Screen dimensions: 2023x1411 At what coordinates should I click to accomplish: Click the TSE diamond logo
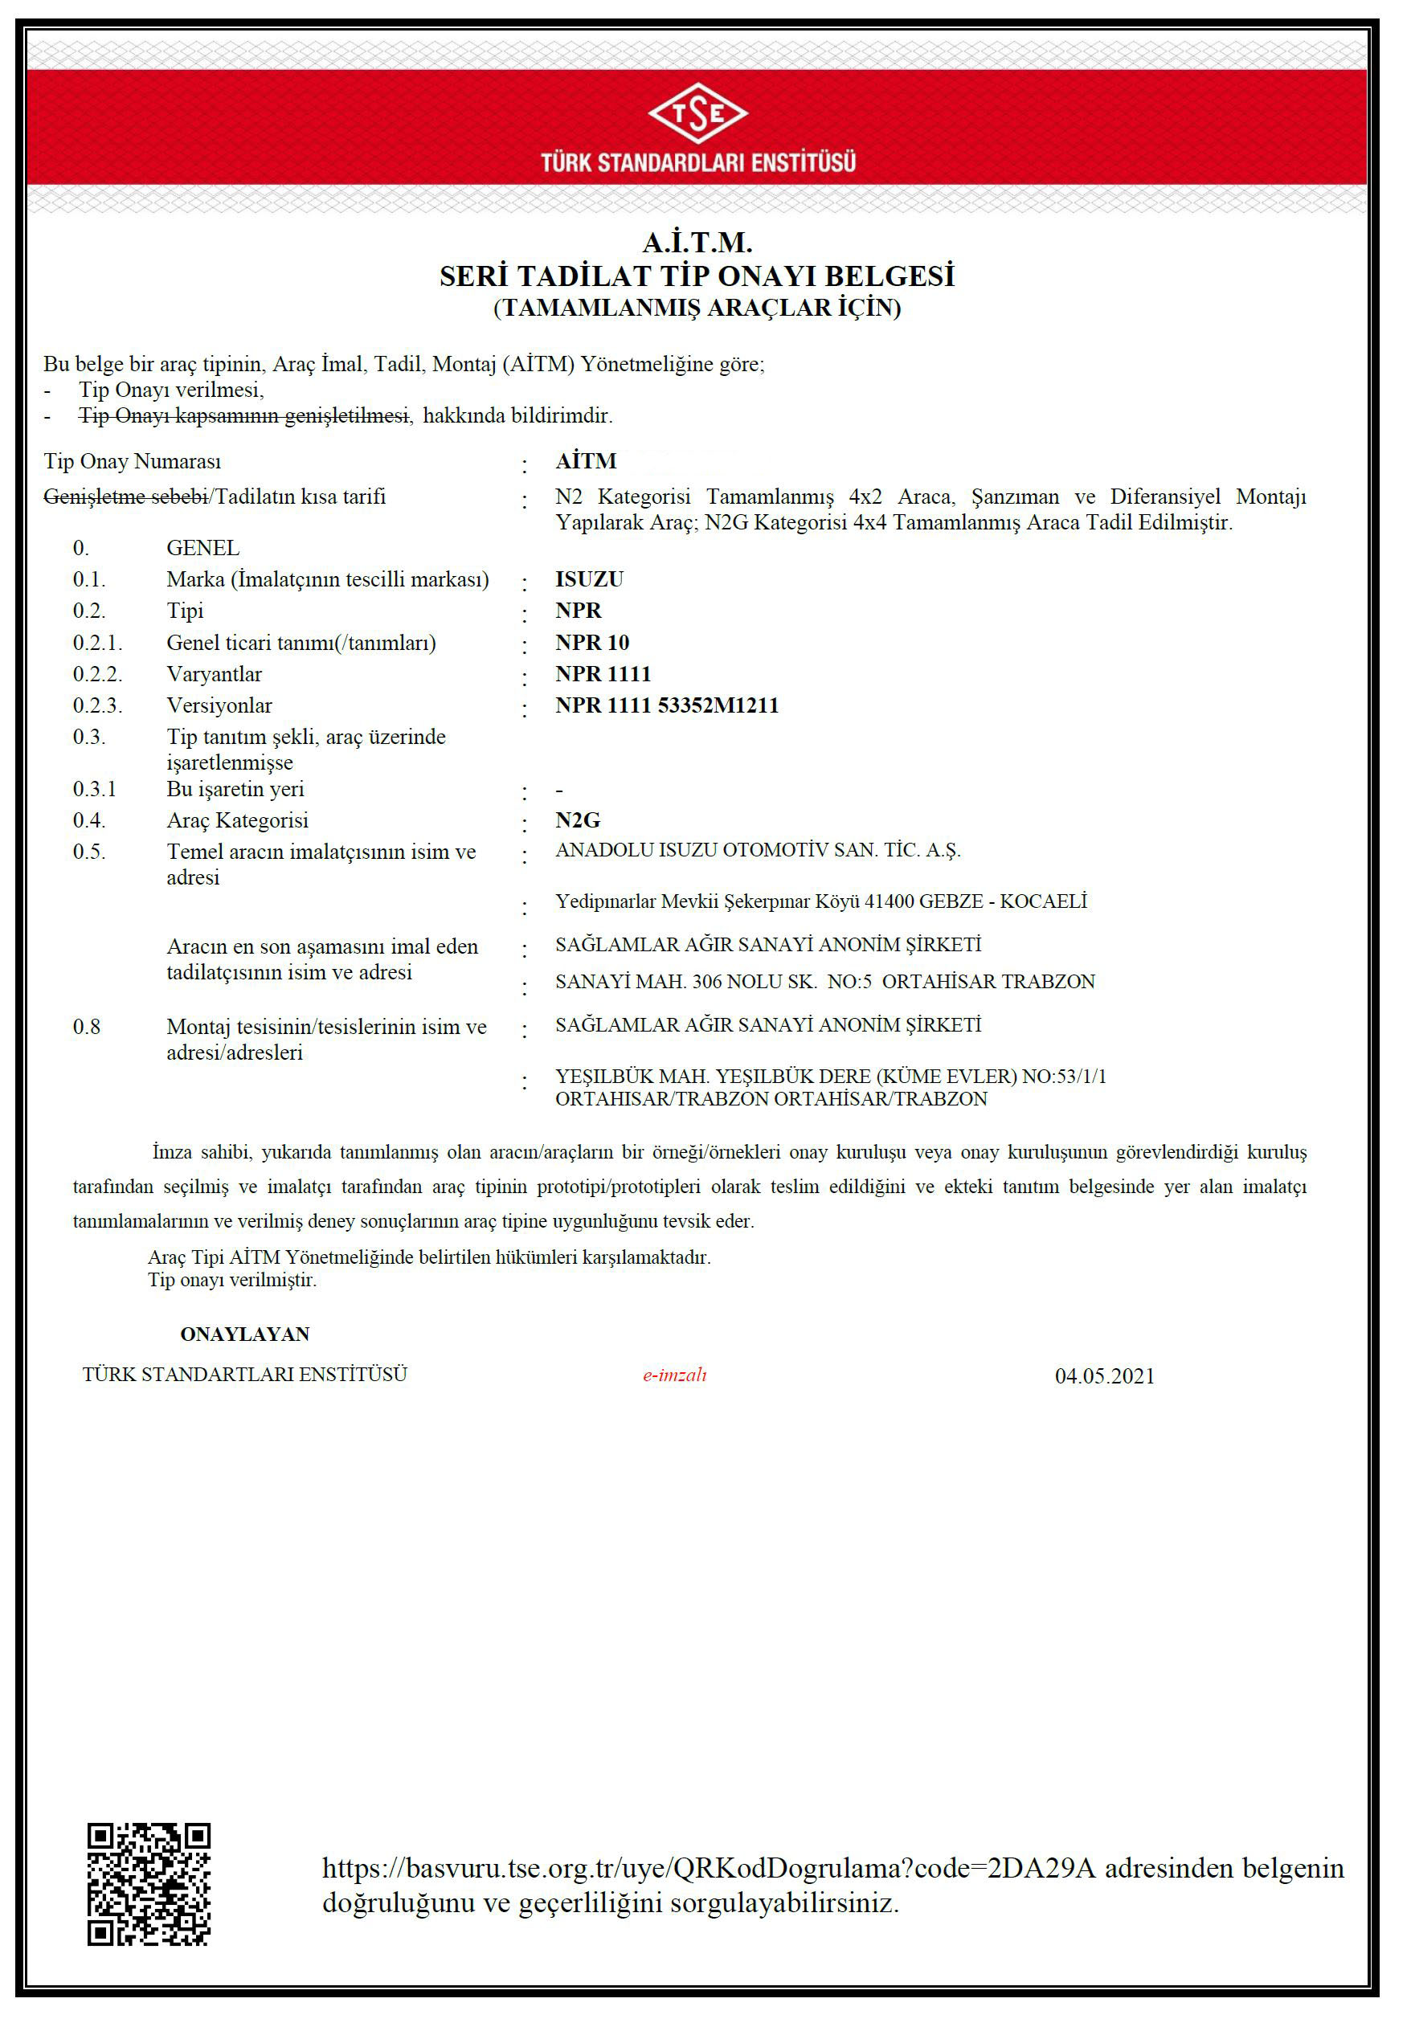[697, 112]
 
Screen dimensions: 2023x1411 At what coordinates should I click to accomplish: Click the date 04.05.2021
[1104, 1376]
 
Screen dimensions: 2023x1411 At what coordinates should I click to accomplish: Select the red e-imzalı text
[674, 1375]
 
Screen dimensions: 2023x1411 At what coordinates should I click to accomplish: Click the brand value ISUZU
[589, 579]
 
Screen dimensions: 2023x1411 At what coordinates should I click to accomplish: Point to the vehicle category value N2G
[577, 820]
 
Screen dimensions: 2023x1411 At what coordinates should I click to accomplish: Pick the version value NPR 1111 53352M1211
[666, 705]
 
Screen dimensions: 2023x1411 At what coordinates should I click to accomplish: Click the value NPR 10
[591, 642]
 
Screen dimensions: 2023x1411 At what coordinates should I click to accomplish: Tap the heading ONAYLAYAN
[244, 1334]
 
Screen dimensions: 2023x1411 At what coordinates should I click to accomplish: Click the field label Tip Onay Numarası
[133, 462]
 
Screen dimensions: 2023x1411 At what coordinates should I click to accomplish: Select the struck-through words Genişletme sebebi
[125, 497]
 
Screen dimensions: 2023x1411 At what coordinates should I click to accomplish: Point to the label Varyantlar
[215, 674]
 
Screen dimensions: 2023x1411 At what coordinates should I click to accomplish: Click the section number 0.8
[86, 1027]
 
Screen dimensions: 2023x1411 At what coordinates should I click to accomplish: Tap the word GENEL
[202, 548]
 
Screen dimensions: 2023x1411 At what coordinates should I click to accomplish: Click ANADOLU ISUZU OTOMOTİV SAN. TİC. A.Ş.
[758, 850]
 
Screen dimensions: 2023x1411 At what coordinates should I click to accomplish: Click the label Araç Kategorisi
[237, 820]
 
